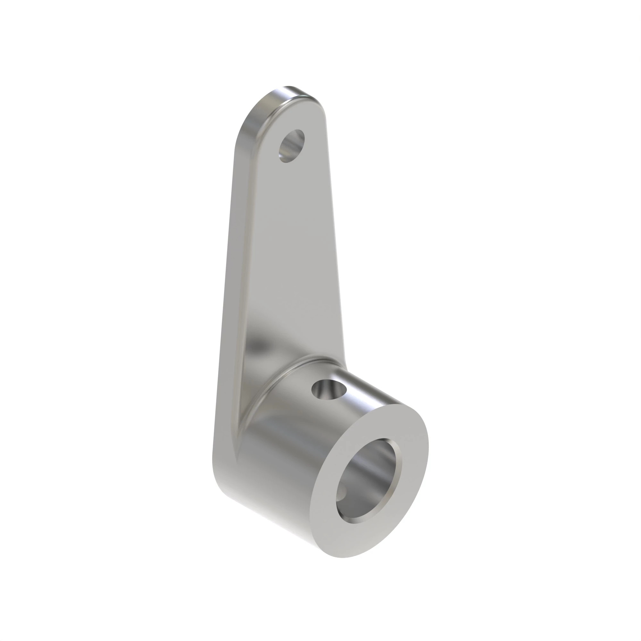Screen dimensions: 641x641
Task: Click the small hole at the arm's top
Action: click(292, 146)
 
